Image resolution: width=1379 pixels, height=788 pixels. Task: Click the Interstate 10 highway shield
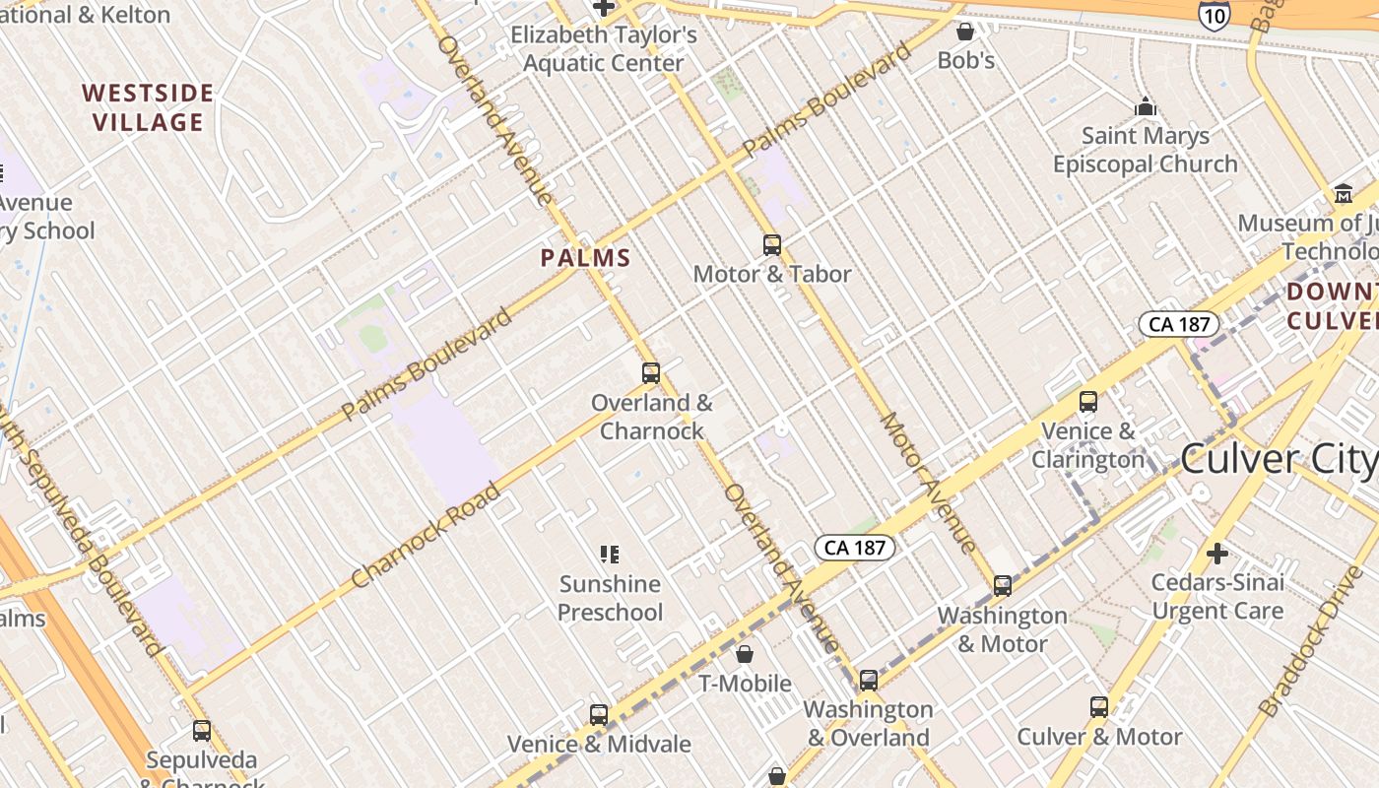[x=1214, y=14]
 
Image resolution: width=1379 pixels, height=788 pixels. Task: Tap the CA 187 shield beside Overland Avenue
[x=854, y=547]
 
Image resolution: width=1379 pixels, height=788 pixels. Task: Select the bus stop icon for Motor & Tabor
[x=772, y=244]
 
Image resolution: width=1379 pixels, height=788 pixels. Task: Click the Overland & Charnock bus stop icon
[x=651, y=373]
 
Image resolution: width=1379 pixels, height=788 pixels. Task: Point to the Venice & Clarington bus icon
[x=1088, y=402]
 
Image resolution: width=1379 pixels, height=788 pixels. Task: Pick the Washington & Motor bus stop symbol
[x=1003, y=586]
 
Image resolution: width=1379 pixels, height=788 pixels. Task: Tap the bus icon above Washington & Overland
[x=868, y=680]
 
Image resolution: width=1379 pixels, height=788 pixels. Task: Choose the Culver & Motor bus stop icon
[x=1099, y=707]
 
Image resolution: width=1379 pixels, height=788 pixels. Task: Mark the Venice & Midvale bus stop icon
[x=599, y=715]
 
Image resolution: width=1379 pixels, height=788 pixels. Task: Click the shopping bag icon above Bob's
[x=965, y=32]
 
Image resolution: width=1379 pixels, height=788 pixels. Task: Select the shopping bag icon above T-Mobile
[x=745, y=654]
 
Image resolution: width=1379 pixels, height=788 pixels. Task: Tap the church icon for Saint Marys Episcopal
[x=1146, y=106]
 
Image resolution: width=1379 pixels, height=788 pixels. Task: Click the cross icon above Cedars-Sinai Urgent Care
[x=1217, y=554]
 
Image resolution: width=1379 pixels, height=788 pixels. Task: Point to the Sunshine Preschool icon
[x=610, y=555]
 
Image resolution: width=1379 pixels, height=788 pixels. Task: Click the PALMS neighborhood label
[x=585, y=258]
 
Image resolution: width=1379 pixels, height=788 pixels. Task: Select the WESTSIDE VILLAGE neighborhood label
[x=148, y=107]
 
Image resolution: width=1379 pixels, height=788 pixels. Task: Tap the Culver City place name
[x=1278, y=459]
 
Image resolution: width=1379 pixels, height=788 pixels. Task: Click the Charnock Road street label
[x=426, y=536]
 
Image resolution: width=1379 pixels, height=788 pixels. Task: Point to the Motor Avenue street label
[x=928, y=483]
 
